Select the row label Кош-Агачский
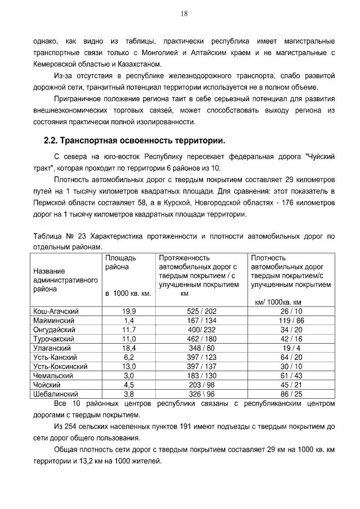coord(56,311)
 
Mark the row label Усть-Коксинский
coord(61,366)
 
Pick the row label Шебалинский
coord(57,394)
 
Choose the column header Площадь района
coord(121,262)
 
